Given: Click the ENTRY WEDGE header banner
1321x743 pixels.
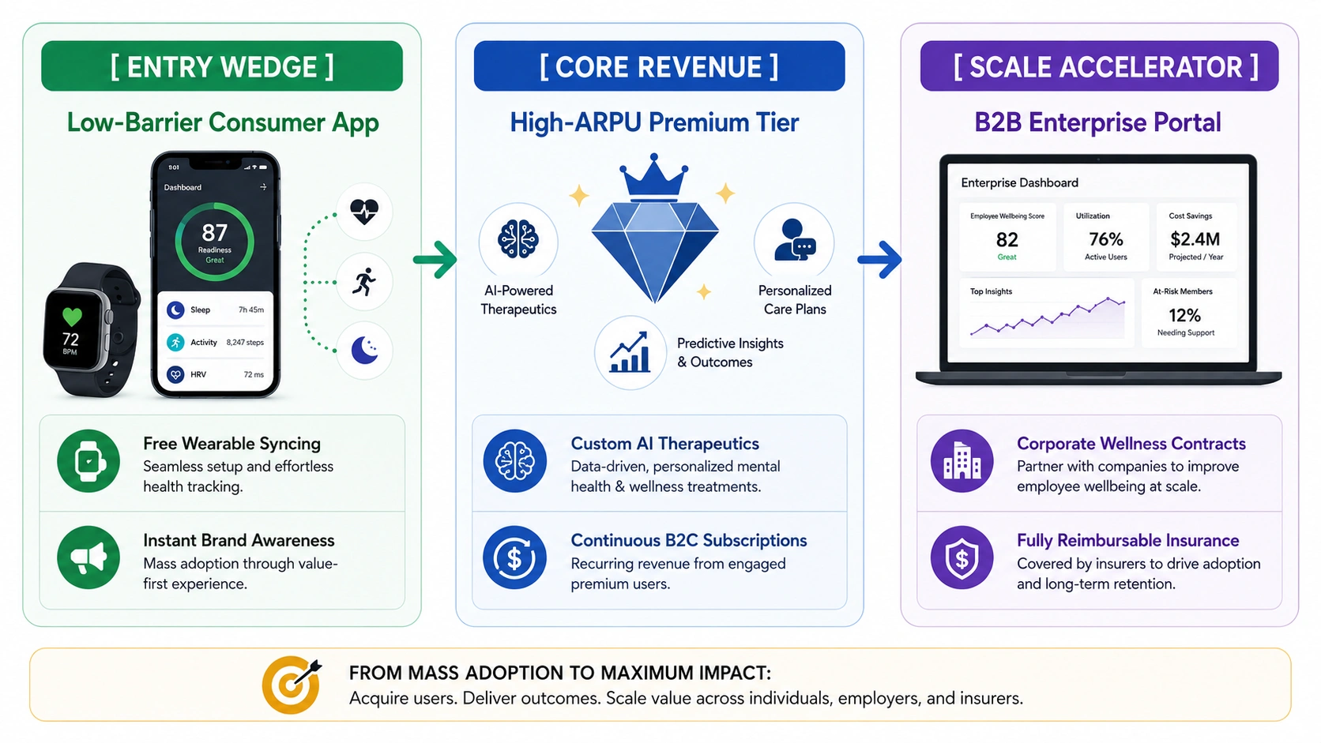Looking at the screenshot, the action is tap(222, 66).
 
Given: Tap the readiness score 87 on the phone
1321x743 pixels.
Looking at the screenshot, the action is tap(214, 233).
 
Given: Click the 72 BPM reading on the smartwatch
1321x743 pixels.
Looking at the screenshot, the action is tap(70, 343).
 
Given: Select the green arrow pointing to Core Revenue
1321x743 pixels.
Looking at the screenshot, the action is tap(435, 259).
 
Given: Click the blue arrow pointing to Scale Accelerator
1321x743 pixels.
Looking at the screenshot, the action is tap(879, 259).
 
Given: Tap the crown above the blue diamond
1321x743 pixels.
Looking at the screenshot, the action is tap(653, 175).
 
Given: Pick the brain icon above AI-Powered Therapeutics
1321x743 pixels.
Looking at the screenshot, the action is tap(517, 240).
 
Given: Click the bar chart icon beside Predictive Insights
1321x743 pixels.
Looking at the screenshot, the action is tap(629, 352).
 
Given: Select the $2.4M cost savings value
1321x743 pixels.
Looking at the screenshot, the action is tap(1195, 239).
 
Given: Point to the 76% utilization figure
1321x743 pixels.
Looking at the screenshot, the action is tap(1106, 239).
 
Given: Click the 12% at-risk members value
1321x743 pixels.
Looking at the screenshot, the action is tap(1185, 315).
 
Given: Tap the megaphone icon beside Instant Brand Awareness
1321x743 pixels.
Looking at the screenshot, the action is tap(88, 557).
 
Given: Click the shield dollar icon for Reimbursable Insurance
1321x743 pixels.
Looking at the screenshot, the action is tap(962, 557).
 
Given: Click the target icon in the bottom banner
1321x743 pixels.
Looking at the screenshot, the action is tap(292, 685).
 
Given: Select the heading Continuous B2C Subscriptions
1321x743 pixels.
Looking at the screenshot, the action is tap(689, 540).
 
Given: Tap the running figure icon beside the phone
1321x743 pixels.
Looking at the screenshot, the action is tap(364, 282).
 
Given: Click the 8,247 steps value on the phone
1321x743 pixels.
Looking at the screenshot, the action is tap(245, 343).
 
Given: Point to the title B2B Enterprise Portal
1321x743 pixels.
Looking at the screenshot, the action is tap(1097, 122).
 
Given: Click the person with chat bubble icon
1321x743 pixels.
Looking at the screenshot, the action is tap(794, 240).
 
